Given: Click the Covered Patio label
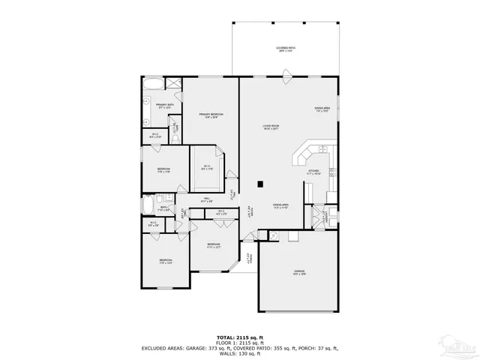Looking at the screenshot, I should point(286,49).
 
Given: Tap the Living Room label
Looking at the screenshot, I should point(271,127).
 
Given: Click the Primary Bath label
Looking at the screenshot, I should point(164,106).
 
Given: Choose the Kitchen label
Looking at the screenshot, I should point(313,172).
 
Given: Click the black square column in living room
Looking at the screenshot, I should point(259,183).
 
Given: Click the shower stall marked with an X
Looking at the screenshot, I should point(172,83).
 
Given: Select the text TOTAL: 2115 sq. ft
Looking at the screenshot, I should point(239,337).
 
